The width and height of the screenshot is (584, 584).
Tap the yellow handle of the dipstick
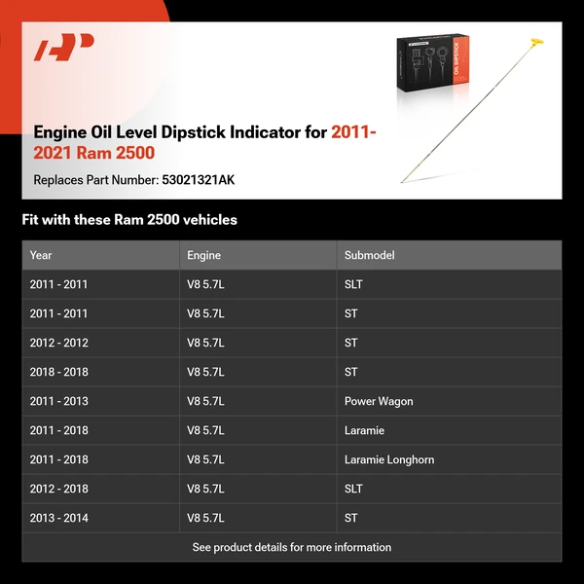pyautogui.click(x=533, y=45)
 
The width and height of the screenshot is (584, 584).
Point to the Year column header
pyautogui.click(x=41, y=255)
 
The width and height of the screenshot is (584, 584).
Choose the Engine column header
pyautogui.click(x=203, y=255)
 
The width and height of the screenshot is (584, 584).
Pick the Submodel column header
pyautogui.click(x=369, y=255)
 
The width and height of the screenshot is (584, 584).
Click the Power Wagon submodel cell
pyautogui.click(x=379, y=401)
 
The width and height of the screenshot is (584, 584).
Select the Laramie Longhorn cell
pyautogui.click(x=389, y=459)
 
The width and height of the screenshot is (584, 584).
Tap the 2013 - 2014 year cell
pyautogui.click(x=58, y=518)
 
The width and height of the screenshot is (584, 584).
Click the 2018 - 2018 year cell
pyautogui.click(x=58, y=372)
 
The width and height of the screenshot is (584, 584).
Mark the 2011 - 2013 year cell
pyautogui.click(x=58, y=401)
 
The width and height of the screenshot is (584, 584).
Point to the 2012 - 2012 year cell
pyautogui.click(x=58, y=343)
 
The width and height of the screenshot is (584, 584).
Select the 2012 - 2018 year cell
pyautogui.click(x=58, y=489)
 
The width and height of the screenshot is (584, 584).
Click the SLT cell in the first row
pyautogui.click(x=353, y=284)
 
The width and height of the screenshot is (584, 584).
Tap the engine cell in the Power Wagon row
pyautogui.click(x=205, y=401)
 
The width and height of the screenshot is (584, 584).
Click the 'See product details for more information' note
pyautogui.click(x=292, y=547)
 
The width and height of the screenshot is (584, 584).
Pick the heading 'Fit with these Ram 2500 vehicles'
pyautogui.click(x=129, y=220)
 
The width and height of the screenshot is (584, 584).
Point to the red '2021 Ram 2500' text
pyautogui.click(x=94, y=153)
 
